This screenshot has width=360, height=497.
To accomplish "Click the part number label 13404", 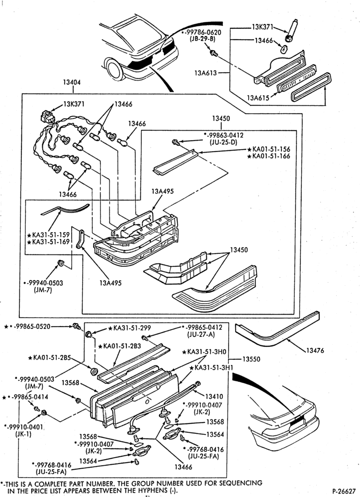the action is pyautogui.click(x=72, y=83).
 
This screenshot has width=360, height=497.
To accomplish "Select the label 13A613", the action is pyautogui.click(x=205, y=73).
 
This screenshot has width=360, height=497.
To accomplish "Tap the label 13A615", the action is pyautogui.click(x=258, y=98).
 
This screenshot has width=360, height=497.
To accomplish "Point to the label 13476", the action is pyautogui.click(x=315, y=350).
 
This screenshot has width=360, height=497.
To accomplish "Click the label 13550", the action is pyautogui.click(x=251, y=359).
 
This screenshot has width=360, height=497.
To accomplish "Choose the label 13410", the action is pyautogui.click(x=214, y=396).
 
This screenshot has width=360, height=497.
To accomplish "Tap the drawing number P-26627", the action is pyautogui.click(x=344, y=491).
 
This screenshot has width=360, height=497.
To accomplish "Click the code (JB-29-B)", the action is pyautogui.click(x=202, y=39).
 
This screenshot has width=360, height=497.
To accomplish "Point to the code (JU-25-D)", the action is pyautogui.click(x=224, y=142).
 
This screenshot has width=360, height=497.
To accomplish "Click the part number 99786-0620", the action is pyautogui.click(x=203, y=32).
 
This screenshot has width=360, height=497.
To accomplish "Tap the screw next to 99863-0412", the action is pyautogui.click(x=175, y=142).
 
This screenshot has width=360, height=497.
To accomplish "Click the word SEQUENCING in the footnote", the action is pyautogui.click(x=241, y=484).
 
